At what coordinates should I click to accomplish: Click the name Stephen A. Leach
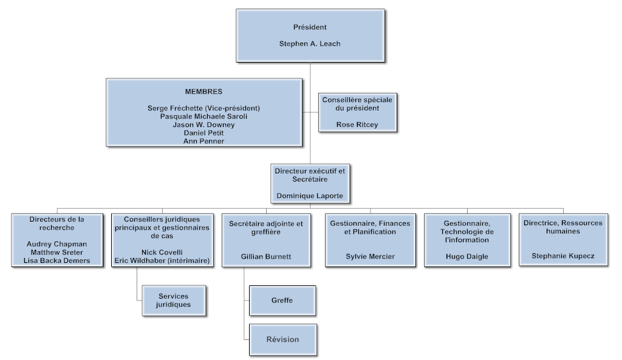tap(310, 44)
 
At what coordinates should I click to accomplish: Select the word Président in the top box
tap(310, 27)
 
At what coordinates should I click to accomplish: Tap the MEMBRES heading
tap(203, 92)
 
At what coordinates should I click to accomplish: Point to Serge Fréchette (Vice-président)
tap(203, 108)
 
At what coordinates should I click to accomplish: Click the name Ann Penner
tap(203, 141)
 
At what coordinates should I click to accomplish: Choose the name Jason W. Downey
tap(203, 124)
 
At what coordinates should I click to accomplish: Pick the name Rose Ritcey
tap(357, 124)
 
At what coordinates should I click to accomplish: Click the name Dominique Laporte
tap(310, 195)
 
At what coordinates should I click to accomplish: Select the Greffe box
tap(282, 300)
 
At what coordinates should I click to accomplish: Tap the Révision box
tap(282, 339)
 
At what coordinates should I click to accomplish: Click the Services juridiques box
tap(173, 301)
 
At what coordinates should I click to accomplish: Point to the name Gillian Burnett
tap(265, 256)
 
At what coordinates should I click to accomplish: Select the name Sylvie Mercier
tap(370, 256)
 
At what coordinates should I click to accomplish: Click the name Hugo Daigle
tap(467, 256)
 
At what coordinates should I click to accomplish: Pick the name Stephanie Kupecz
tap(562, 256)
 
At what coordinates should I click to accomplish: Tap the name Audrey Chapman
tap(56, 244)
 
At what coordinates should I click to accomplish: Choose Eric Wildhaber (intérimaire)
tap(162, 260)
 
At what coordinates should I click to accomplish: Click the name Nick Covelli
tap(162, 252)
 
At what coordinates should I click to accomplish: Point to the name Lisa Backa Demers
tap(56, 260)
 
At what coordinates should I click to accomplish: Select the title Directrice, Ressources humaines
tap(562, 227)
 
